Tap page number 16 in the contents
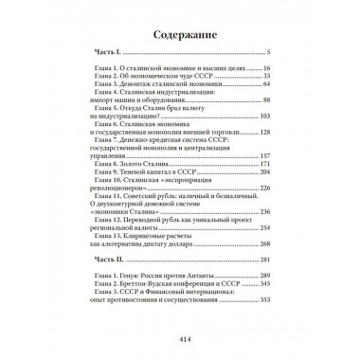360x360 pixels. coord(268,68)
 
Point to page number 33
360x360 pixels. coord(268,76)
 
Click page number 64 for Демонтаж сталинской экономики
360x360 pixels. coord(268,83)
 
